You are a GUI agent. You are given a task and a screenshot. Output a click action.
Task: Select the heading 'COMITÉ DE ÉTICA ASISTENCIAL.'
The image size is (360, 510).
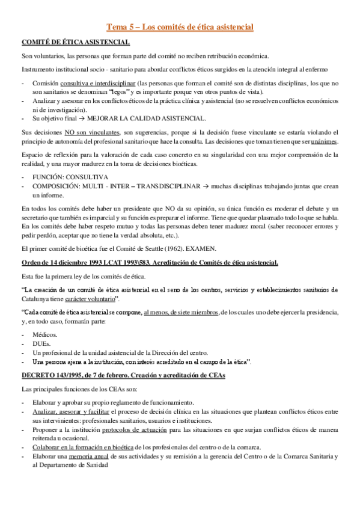(75, 41)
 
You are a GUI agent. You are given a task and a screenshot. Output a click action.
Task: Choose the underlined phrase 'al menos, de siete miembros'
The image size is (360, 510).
(181, 313)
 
